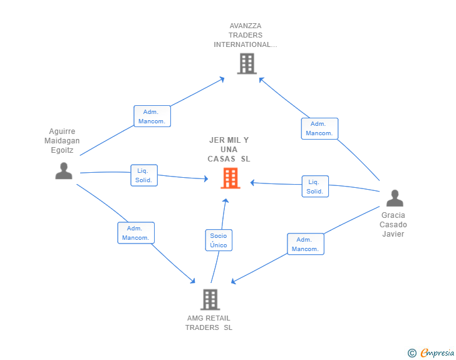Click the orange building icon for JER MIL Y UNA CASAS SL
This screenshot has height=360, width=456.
tap(231, 178)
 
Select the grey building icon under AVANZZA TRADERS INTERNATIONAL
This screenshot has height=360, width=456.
tap(247, 63)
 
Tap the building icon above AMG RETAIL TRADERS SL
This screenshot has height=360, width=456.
tap(210, 299)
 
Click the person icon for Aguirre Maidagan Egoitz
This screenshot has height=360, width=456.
tap(64, 171)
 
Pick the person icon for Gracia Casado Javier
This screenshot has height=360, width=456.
tap(395, 198)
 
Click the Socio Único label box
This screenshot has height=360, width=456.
tap(219, 240)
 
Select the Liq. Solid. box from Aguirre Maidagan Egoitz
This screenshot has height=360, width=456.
tap(144, 175)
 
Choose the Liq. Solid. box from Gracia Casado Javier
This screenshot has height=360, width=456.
tap(315, 187)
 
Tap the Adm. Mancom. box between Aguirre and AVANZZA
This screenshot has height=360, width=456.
tap(152, 116)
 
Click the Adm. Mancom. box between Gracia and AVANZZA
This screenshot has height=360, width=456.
tap(319, 128)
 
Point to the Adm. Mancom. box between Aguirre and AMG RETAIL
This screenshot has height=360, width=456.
tap(136, 233)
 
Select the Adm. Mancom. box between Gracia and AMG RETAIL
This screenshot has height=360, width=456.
tap(306, 244)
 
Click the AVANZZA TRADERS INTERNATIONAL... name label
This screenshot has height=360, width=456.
tap(246, 35)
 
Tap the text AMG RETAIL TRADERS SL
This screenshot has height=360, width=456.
tap(209, 323)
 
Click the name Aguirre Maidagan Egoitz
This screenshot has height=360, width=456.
tap(62, 141)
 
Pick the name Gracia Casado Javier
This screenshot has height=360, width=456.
tap(393, 225)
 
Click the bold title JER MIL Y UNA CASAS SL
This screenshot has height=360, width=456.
tap(229, 150)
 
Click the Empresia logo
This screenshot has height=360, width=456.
tap(431, 352)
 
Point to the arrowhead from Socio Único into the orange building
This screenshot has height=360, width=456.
tap(225, 200)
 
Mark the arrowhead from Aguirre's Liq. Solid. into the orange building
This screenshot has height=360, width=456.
tap(206, 178)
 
